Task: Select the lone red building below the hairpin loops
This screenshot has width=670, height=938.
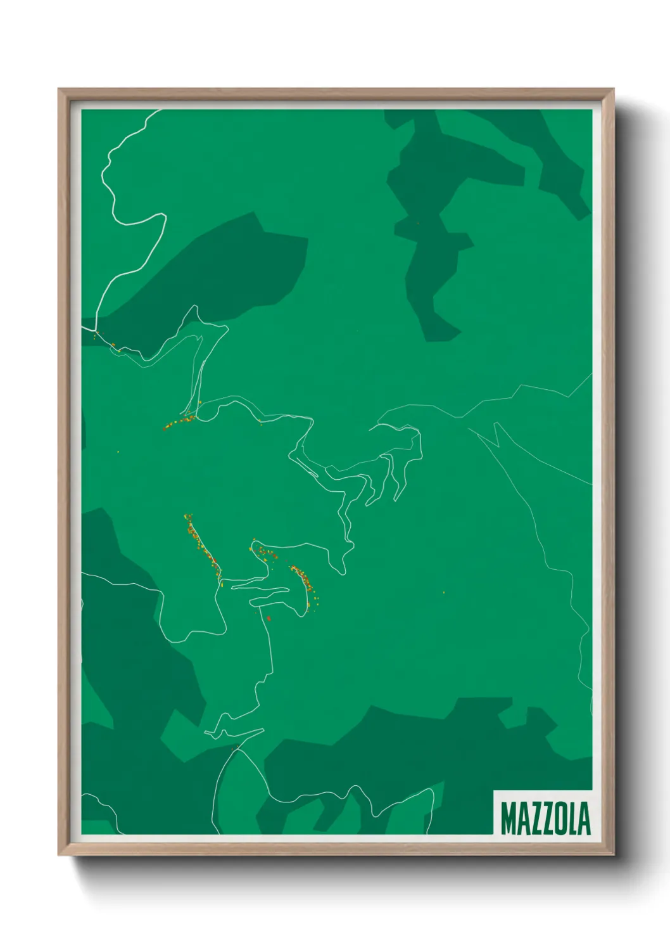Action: point(269,618)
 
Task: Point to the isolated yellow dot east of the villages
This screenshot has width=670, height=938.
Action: point(443,593)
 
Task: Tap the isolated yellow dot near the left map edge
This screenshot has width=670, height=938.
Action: point(118,452)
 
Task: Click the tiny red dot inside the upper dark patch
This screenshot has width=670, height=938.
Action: point(418,223)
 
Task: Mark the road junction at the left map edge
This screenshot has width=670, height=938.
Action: point(96,330)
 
